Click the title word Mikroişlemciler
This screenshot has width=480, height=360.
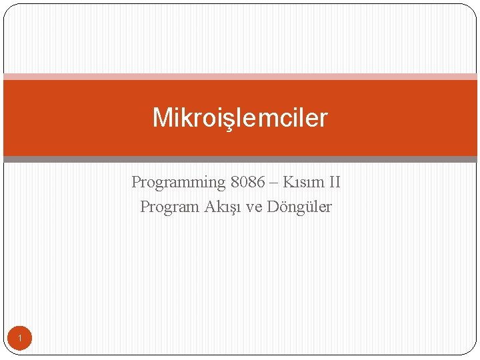pyautogui.click(x=240, y=118)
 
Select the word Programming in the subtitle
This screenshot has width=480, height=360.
pyautogui.click(x=179, y=182)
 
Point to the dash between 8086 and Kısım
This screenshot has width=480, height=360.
pyautogui.click(x=273, y=182)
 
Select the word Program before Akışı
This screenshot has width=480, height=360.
pyautogui.click(x=169, y=207)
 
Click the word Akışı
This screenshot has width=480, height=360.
pyautogui.click(x=223, y=207)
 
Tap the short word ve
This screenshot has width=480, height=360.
pyautogui.click(x=254, y=207)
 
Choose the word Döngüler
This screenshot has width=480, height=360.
pyautogui.click(x=299, y=207)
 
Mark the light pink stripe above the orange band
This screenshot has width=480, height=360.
pyautogui.click(x=240, y=77)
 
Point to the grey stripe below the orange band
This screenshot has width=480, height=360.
pyautogui.click(x=240, y=159)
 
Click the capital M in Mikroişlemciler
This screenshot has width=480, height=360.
pyautogui.click(x=162, y=118)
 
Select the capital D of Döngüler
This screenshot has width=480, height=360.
pyautogui.click(x=273, y=207)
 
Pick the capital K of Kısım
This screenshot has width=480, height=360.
pyautogui.click(x=287, y=182)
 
